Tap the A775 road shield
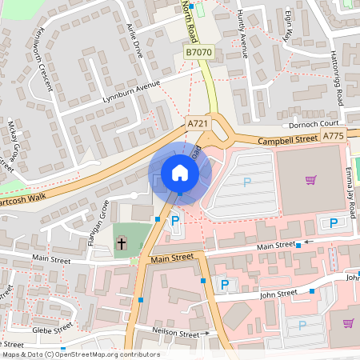click(x=334, y=137)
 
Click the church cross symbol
click(x=122, y=242)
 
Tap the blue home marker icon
click(x=179, y=173)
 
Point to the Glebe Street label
click(x=52, y=329)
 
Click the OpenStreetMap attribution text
click(x=80, y=354)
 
